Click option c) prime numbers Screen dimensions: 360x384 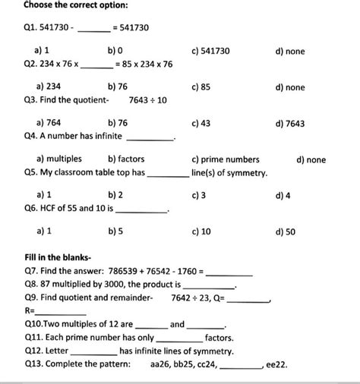(x=226, y=159)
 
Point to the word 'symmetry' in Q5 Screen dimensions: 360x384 (x=243, y=173)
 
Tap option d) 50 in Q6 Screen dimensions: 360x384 (x=286, y=231)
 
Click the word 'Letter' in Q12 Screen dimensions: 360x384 (x=58, y=351)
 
